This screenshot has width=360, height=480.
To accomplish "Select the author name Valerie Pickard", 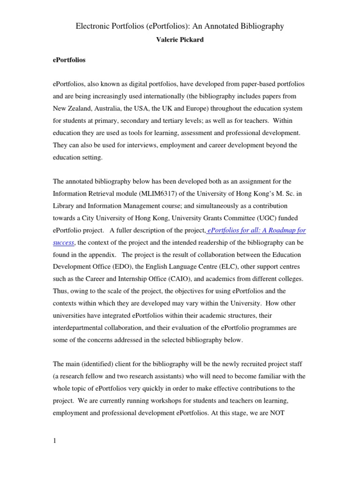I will [180, 40].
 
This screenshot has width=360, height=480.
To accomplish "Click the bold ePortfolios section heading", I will [69, 60].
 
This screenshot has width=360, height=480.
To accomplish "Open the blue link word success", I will [63, 242].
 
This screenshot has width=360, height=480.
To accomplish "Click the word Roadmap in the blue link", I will [274, 230].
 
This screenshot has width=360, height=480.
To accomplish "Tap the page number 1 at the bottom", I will [54, 440].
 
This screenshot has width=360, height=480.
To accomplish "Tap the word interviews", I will [139, 145].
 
